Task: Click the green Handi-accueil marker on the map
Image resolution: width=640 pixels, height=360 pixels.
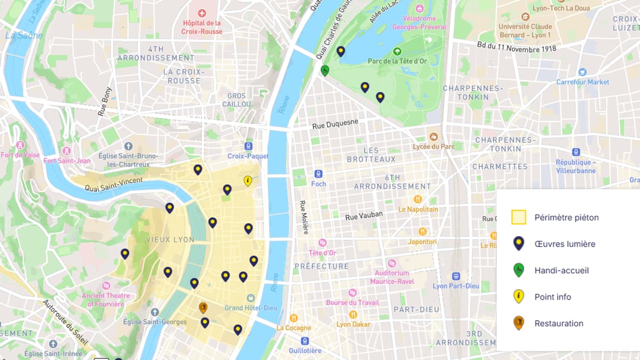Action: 325,70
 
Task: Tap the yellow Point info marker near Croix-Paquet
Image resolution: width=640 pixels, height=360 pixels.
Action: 248,181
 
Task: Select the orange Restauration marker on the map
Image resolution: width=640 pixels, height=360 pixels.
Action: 203,308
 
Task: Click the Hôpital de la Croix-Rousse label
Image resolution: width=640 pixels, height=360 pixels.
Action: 202,27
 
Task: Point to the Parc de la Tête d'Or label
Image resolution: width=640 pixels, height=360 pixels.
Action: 397,61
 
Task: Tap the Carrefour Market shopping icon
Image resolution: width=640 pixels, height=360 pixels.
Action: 583,72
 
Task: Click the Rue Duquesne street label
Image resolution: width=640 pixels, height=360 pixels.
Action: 335,125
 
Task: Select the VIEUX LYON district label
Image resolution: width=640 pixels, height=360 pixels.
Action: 170,239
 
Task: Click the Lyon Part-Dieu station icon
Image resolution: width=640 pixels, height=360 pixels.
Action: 456,276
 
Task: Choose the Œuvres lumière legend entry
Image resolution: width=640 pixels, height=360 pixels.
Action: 565,244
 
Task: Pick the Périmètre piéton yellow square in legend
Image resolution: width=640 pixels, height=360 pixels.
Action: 519,217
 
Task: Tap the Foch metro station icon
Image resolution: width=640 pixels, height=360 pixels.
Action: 318,174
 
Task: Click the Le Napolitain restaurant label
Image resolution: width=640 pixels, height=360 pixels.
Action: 418,209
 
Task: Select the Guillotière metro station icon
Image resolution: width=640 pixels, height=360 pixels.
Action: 305,341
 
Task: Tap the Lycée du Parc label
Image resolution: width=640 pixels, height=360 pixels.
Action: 434,146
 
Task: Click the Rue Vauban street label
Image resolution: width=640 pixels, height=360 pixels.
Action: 364,215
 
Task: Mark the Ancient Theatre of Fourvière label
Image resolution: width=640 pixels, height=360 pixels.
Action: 106,299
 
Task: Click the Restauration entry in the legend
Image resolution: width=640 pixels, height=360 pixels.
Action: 558,323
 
